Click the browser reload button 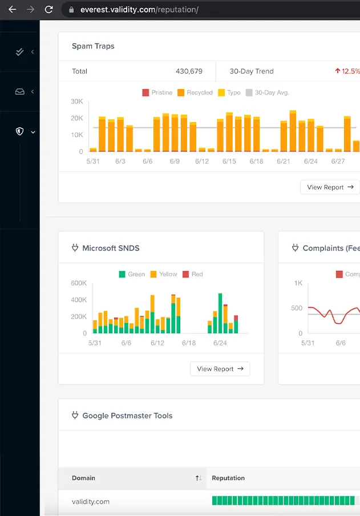click(x=48, y=10)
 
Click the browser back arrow click(x=13, y=10)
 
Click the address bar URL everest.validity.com click(x=139, y=10)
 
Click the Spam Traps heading click(x=93, y=46)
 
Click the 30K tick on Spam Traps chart click(x=77, y=102)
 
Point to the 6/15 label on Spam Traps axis click(x=229, y=162)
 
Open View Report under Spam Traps click(x=330, y=187)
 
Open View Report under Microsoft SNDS click(x=220, y=369)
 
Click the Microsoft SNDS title click(x=111, y=248)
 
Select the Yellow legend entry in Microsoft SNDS click(x=164, y=275)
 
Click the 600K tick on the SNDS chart click(x=79, y=283)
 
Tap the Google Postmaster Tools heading click(x=127, y=416)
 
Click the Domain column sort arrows click(x=198, y=478)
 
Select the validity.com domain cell click(x=91, y=502)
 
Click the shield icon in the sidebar click(x=19, y=131)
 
